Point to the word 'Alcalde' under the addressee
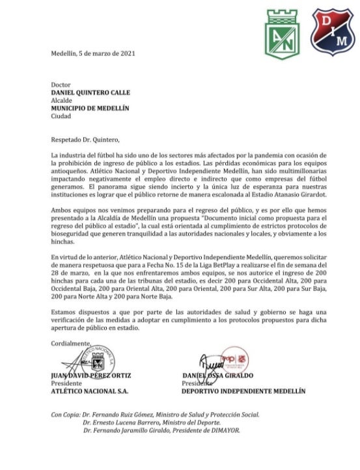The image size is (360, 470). point(62,101)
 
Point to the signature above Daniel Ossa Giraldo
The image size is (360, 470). point(215,361)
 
